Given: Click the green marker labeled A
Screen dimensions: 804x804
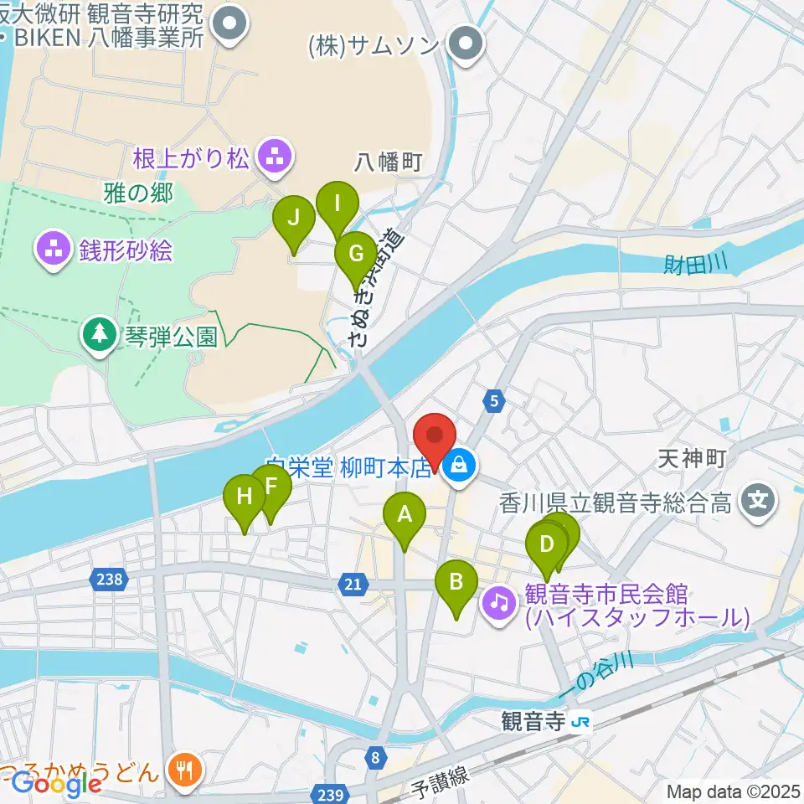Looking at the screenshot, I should [x=405, y=515].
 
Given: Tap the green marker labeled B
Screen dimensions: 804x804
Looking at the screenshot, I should [x=456, y=582].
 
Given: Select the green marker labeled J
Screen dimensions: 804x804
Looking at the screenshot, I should [x=294, y=219].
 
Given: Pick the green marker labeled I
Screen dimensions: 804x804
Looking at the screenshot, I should [x=338, y=204].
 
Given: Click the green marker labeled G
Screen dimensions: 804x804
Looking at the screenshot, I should [x=356, y=254].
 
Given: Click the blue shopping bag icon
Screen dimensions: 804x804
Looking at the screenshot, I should [x=460, y=461].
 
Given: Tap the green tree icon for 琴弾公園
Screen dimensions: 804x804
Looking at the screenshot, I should [x=100, y=334].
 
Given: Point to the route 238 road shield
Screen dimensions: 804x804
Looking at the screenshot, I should [x=114, y=579].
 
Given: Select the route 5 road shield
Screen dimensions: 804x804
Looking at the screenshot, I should [x=495, y=402].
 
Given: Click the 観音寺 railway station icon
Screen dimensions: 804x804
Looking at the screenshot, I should [x=580, y=721].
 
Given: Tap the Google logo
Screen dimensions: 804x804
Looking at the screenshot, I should [x=56, y=784].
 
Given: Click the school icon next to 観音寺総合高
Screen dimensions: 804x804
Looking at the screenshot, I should [x=759, y=502].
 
